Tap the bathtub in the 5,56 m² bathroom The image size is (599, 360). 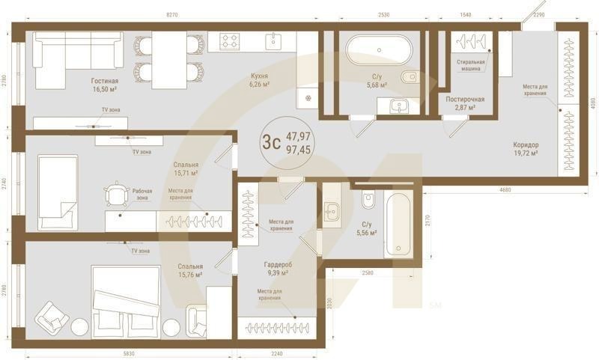(x=398, y=224)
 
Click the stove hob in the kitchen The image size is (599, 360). (x=230, y=42)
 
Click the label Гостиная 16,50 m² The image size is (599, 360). (x=106, y=85)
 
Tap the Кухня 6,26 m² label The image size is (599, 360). (x=260, y=80)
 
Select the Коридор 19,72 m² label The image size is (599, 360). (x=526, y=149)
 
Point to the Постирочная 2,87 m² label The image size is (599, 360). (x=465, y=103)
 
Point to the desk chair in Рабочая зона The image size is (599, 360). (x=116, y=194)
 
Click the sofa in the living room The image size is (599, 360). (x=77, y=50)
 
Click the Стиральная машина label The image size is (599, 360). (x=471, y=65)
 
